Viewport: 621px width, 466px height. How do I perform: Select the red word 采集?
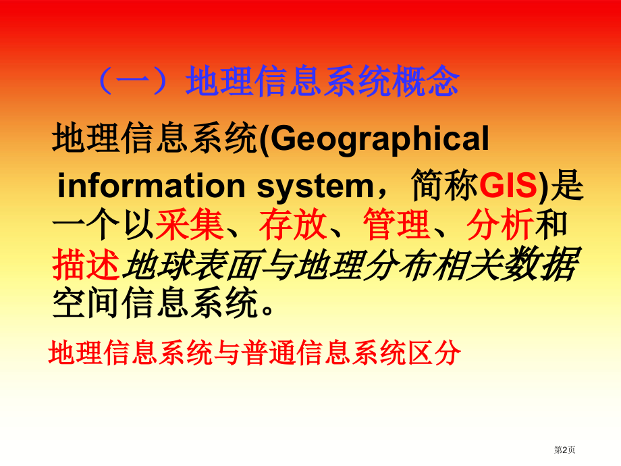(189, 225)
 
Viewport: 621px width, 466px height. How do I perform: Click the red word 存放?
(294, 225)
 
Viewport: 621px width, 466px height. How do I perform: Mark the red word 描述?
(86, 265)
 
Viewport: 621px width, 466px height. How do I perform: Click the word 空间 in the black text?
(86, 304)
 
